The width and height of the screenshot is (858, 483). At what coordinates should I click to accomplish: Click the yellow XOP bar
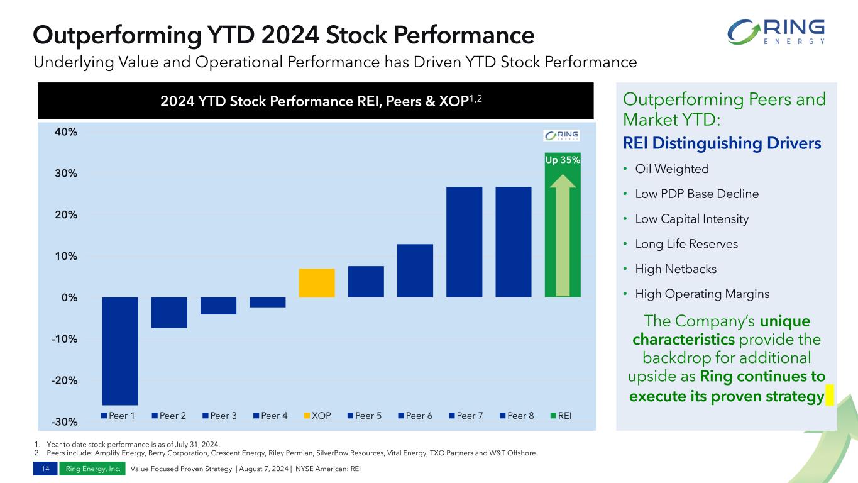point(317,283)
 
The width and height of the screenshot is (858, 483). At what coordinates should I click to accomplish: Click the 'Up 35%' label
point(563,160)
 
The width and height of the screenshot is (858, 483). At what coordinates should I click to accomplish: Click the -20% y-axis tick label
point(64,380)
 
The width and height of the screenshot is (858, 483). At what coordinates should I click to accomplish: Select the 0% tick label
point(69,297)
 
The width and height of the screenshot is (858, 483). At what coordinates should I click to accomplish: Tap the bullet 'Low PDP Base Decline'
point(696,194)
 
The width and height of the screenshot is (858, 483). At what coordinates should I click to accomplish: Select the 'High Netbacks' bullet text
point(676,269)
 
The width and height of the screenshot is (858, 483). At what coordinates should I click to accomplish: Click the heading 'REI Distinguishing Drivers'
point(722,143)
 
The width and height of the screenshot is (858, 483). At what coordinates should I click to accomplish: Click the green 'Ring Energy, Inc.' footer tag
point(92,469)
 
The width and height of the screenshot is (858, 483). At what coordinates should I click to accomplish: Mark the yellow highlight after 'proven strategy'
point(830,396)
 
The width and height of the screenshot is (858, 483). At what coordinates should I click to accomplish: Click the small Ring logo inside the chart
point(561,136)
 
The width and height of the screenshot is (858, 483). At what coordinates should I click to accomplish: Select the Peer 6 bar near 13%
point(415,270)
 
